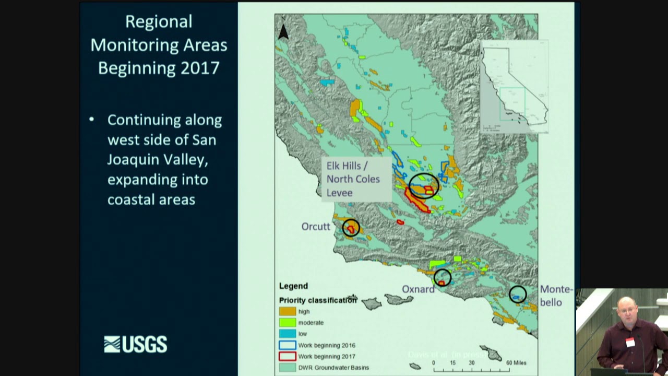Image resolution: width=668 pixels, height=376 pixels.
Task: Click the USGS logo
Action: (136, 344)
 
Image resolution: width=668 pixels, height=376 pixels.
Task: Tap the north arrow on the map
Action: (283, 32)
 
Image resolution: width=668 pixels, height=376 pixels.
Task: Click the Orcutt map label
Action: (316, 227)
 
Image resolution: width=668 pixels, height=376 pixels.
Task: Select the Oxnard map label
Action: (418, 289)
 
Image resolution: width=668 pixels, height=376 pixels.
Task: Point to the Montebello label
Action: (556, 296)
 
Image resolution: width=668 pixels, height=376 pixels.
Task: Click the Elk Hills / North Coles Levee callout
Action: (353, 179)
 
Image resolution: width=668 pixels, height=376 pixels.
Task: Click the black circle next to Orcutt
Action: (351, 228)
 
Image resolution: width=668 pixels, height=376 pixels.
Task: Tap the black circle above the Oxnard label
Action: (442, 277)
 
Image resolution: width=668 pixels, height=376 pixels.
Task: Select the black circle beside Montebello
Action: (518, 295)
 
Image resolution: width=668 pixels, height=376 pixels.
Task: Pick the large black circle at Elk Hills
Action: (424, 185)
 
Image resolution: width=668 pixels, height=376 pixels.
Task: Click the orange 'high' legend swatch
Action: (287, 311)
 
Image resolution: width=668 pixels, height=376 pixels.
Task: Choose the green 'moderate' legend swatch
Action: (287, 323)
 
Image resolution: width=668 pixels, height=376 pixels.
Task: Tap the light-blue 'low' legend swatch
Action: (287, 334)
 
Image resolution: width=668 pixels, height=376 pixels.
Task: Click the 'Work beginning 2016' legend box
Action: (287, 345)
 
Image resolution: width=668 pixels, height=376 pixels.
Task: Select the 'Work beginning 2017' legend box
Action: (287, 356)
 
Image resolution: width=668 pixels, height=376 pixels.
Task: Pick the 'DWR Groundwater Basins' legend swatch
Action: (287, 368)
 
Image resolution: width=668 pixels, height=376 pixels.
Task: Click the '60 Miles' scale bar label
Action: (516, 363)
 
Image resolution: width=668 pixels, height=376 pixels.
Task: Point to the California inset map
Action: (514, 87)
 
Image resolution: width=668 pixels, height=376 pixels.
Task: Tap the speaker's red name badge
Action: (630, 342)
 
